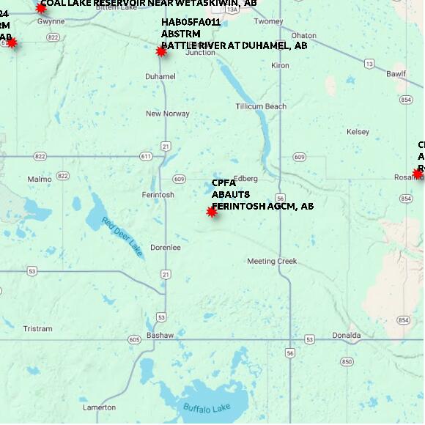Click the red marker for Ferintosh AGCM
pos(212,212)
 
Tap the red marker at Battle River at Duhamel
pos(161,51)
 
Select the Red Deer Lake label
pos(122,237)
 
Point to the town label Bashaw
pos(160,335)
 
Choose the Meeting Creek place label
pos(272,261)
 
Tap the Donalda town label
pos(346,336)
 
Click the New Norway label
pos(168,114)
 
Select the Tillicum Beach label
pos(261,106)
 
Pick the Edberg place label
pos(246,178)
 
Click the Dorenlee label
pos(166,247)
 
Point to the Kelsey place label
pos(358,132)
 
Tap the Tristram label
pos(38,329)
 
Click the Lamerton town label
pos(99,407)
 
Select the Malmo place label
pos(40,179)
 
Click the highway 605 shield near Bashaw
pos(133,339)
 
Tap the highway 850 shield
pos(347,362)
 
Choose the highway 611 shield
pos(146,156)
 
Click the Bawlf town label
pos(396,74)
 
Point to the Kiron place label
pos(281,66)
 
